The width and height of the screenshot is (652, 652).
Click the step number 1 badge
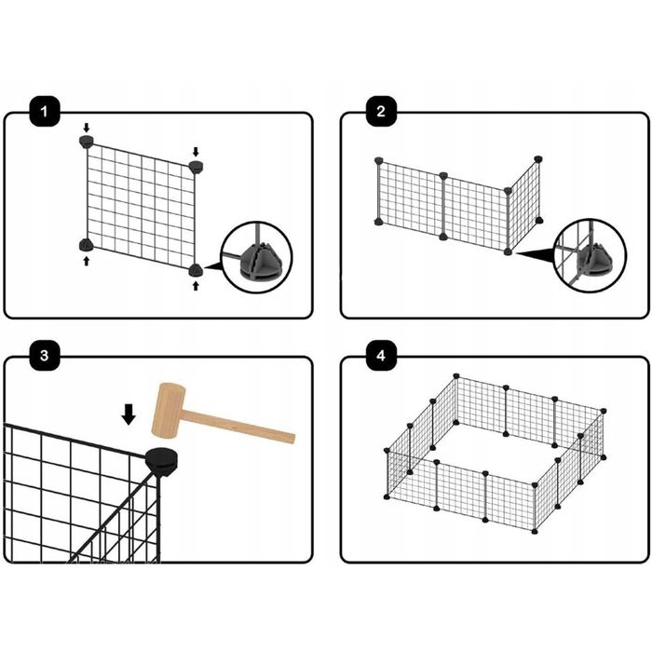coord(45,112)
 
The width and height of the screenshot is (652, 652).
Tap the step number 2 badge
coord(381,112)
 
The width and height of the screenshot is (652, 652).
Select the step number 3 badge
coord(45,356)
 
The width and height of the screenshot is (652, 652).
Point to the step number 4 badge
coord(381,356)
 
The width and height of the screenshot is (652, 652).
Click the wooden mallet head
coord(169,411)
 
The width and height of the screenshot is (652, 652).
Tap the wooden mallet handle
coord(239,427)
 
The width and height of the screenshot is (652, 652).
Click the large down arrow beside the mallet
coord(129,414)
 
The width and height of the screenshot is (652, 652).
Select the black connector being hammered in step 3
coord(162,460)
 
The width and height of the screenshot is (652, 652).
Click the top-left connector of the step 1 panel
coord(86,141)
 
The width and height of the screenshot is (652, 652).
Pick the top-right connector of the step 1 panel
coord(196,167)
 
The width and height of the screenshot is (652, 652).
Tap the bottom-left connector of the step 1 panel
coord(86,245)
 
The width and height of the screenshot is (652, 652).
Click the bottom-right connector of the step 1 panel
coord(196,270)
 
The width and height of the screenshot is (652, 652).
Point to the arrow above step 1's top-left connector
coord(86,128)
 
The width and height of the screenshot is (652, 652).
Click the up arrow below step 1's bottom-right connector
coord(196,286)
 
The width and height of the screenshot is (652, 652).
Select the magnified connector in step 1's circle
coord(261,262)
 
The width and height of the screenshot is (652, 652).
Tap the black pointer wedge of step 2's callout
coord(537,254)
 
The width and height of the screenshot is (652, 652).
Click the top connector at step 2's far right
coord(538,159)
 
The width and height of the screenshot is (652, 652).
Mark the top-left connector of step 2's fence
coord(378,160)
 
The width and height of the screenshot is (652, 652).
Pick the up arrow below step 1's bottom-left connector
coord(86,261)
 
